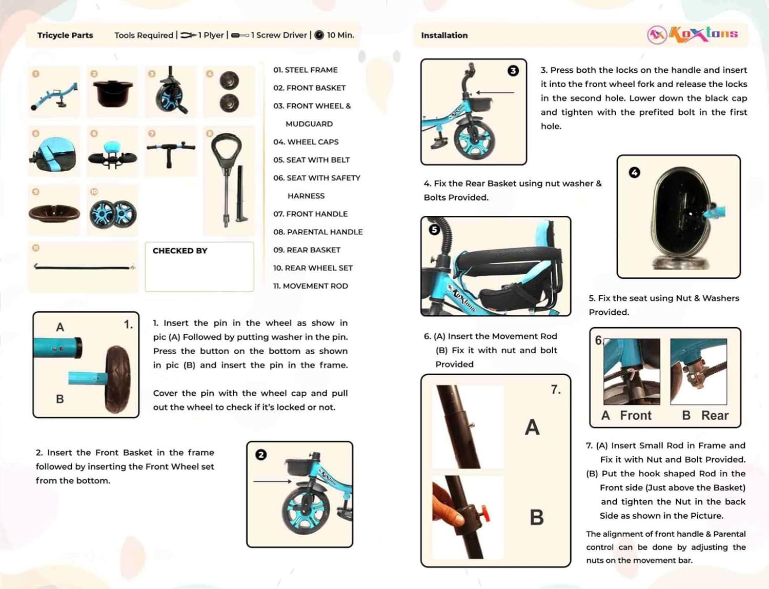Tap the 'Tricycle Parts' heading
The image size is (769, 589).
point(65,35)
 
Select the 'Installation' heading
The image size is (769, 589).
point(444,35)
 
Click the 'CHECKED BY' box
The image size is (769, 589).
point(199,267)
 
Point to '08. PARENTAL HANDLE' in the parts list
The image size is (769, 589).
point(317,232)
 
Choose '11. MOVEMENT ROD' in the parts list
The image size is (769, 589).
point(310,286)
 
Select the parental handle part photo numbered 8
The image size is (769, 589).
point(229,179)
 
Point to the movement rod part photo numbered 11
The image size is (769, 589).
point(84,267)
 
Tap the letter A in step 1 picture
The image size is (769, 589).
point(60,327)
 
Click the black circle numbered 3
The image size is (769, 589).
point(513,71)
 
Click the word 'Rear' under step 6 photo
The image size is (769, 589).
point(715,415)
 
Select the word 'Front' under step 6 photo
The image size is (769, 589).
point(635,415)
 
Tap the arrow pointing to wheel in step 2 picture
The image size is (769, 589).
point(272,481)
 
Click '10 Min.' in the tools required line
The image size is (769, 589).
point(340,35)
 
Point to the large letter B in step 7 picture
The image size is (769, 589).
point(536,517)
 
